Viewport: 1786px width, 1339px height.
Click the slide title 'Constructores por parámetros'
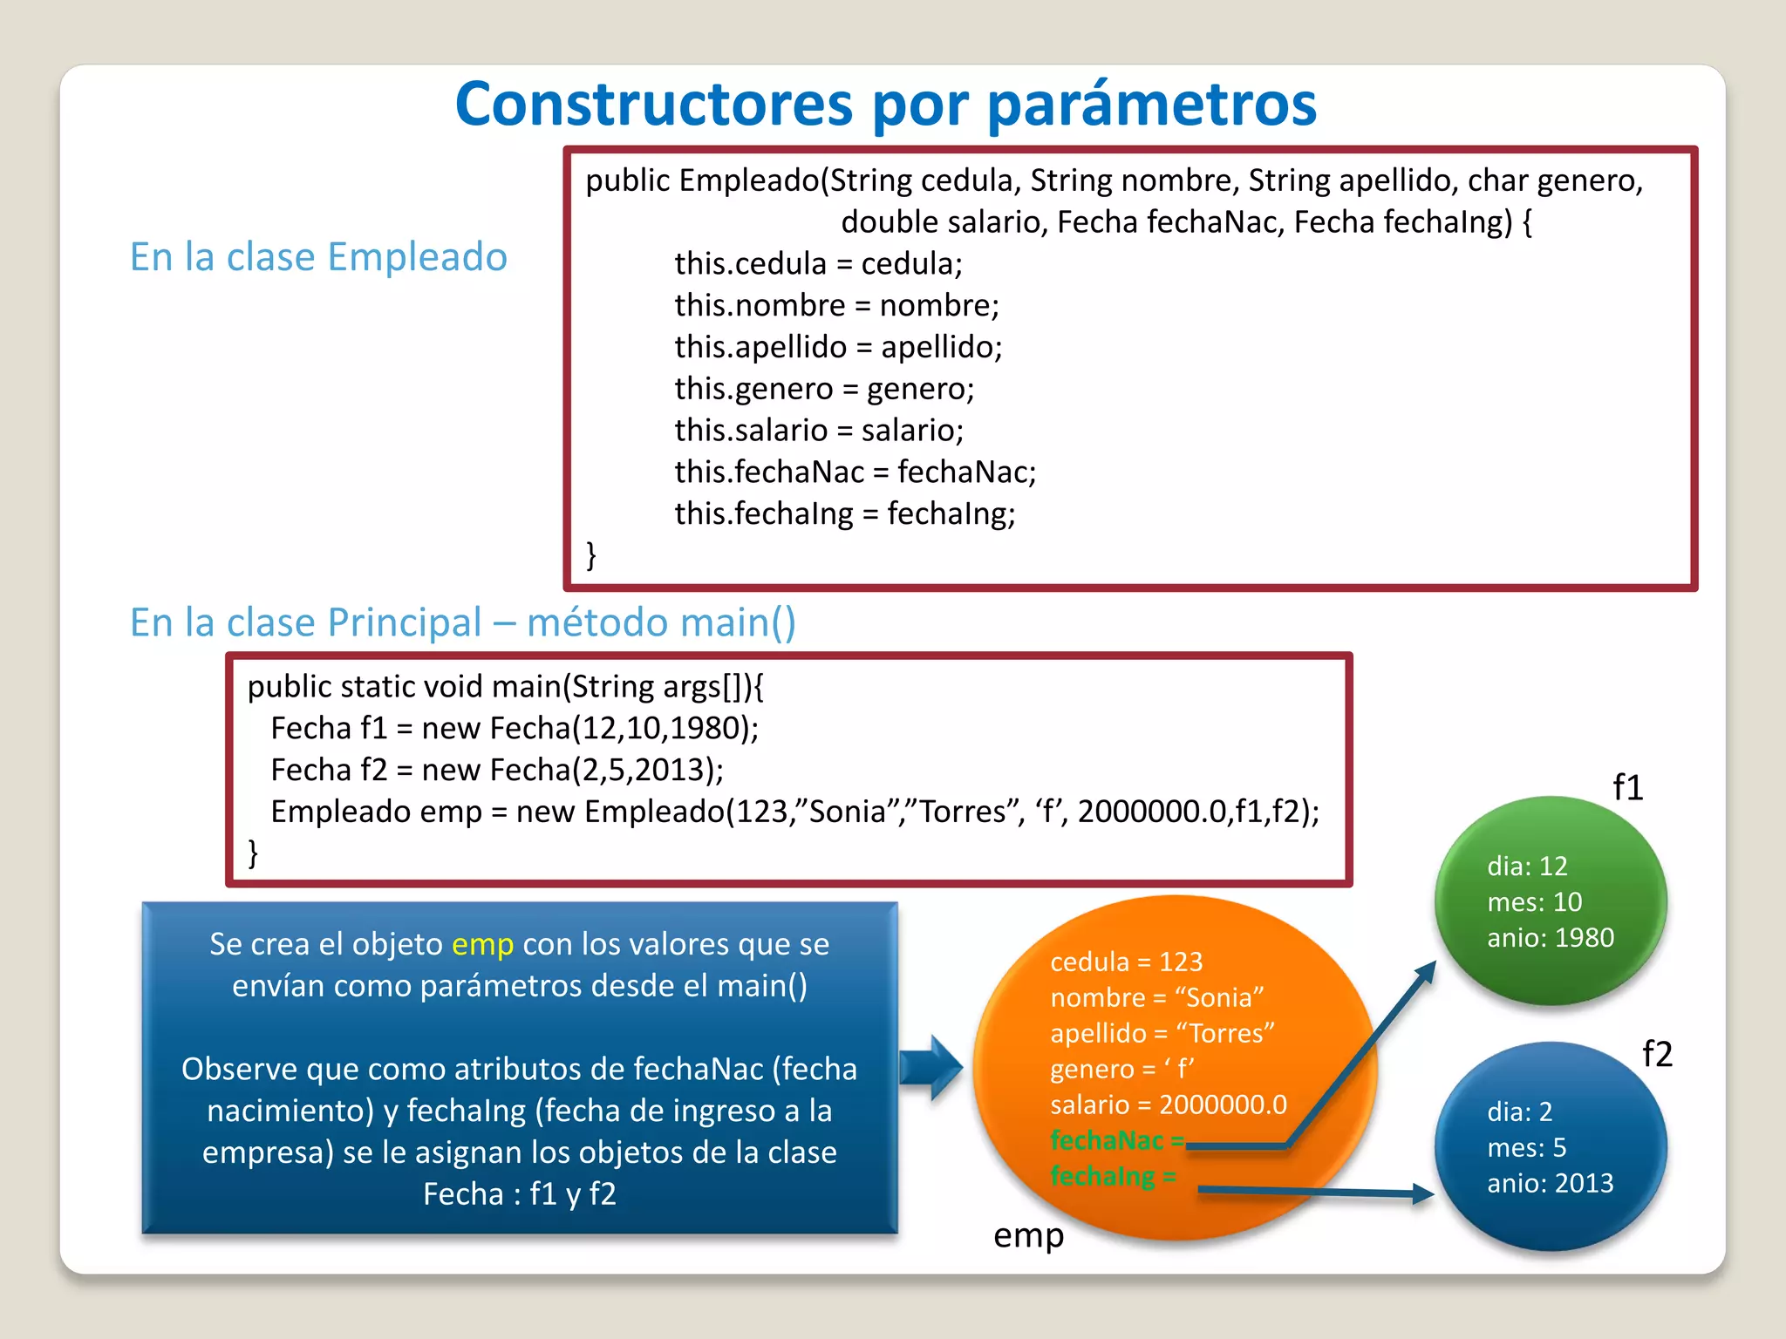pos(885,105)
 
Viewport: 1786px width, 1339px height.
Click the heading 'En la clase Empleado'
pos(318,257)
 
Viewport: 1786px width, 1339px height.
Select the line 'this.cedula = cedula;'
pos(818,263)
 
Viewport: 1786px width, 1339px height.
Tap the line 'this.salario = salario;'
pos(818,430)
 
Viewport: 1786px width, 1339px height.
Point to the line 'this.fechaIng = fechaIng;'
pos(844,513)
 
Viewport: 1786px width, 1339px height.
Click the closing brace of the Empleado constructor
pos(591,554)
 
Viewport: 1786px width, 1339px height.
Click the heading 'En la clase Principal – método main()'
pos(462,622)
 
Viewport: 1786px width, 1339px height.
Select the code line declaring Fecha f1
pos(515,728)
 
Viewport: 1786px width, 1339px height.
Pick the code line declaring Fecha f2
pos(497,770)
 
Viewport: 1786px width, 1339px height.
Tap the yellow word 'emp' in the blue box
pos(482,944)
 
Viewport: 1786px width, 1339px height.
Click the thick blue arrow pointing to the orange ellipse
pos(930,1067)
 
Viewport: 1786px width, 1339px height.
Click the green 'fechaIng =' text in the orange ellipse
pos(1113,1176)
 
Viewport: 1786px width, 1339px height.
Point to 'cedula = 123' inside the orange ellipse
pos(1126,962)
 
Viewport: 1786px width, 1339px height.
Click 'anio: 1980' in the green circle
pos(1551,937)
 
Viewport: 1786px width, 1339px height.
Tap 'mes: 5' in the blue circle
pos(1526,1147)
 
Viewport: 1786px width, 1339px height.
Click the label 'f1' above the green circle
pos(1627,787)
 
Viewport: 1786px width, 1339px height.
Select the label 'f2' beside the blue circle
pos(1657,1054)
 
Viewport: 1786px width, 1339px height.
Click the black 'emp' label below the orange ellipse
pos(1028,1235)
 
